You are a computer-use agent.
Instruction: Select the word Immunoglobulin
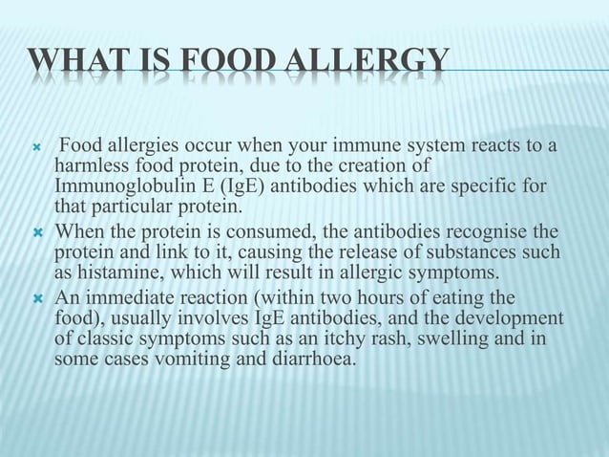(x=115, y=186)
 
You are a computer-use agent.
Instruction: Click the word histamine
(x=111, y=269)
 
